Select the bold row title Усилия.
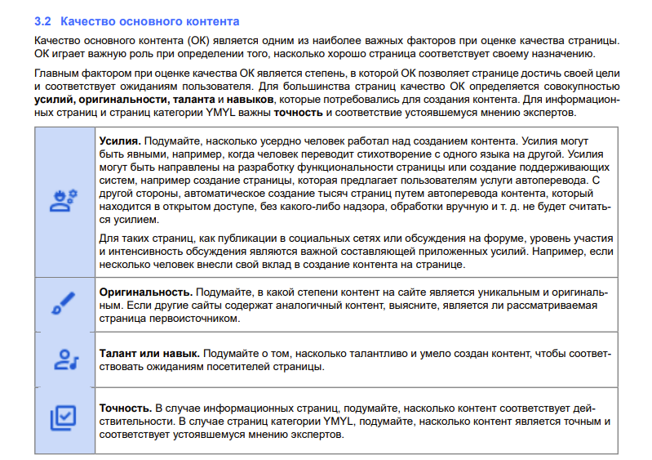pyautogui.click(x=120, y=141)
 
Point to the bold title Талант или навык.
pyautogui.click(x=149, y=353)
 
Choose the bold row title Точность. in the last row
pyautogui.click(x=125, y=407)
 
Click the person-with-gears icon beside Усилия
pyautogui.click(x=63, y=199)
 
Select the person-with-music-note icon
pyautogui.click(x=63, y=360)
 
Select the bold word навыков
pyautogui.click(x=249, y=99)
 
